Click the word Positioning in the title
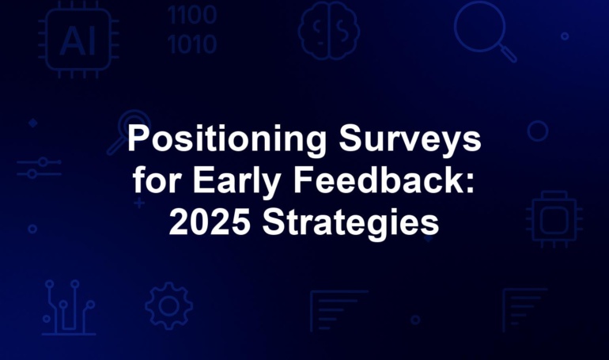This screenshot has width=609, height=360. (x=227, y=140)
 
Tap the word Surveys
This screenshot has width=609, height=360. (x=410, y=140)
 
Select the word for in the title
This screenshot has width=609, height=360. (x=157, y=180)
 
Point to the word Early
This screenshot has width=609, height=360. (x=237, y=182)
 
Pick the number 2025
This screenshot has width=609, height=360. (x=210, y=222)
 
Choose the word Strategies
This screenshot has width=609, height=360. (x=350, y=224)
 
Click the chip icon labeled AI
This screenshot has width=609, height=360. (x=78, y=40)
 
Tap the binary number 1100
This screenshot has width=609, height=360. (x=192, y=15)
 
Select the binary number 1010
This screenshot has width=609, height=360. (x=192, y=44)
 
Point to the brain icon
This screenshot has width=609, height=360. (x=328, y=31)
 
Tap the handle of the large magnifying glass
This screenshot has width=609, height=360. (x=508, y=54)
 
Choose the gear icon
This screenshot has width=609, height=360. (x=169, y=305)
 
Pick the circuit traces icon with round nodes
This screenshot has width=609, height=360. (x=69, y=308)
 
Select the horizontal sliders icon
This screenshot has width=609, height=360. (x=40, y=168)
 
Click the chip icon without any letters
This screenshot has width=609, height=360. (x=554, y=219)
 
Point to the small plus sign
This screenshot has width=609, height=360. (x=139, y=203)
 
